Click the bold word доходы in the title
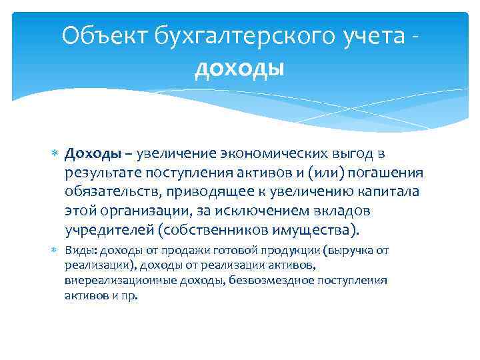click(240, 68)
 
